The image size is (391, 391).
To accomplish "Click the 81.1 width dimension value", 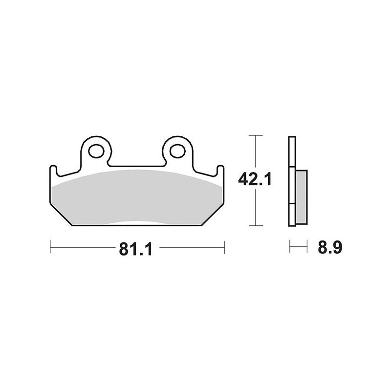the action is click(x=136, y=249).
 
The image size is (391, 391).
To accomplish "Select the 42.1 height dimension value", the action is click(x=255, y=179).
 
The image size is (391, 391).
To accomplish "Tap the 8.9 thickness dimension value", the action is click(x=330, y=247).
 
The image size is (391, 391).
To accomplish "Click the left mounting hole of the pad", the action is click(x=96, y=151).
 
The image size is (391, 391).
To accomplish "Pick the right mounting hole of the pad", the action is click(x=177, y=151).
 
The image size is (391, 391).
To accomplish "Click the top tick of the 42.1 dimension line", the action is click(x=256, y=135).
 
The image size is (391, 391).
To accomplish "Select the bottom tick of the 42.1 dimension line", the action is click(x=256, y=226).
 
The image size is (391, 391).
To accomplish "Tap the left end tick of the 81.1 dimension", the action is click(x=50, y=247).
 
